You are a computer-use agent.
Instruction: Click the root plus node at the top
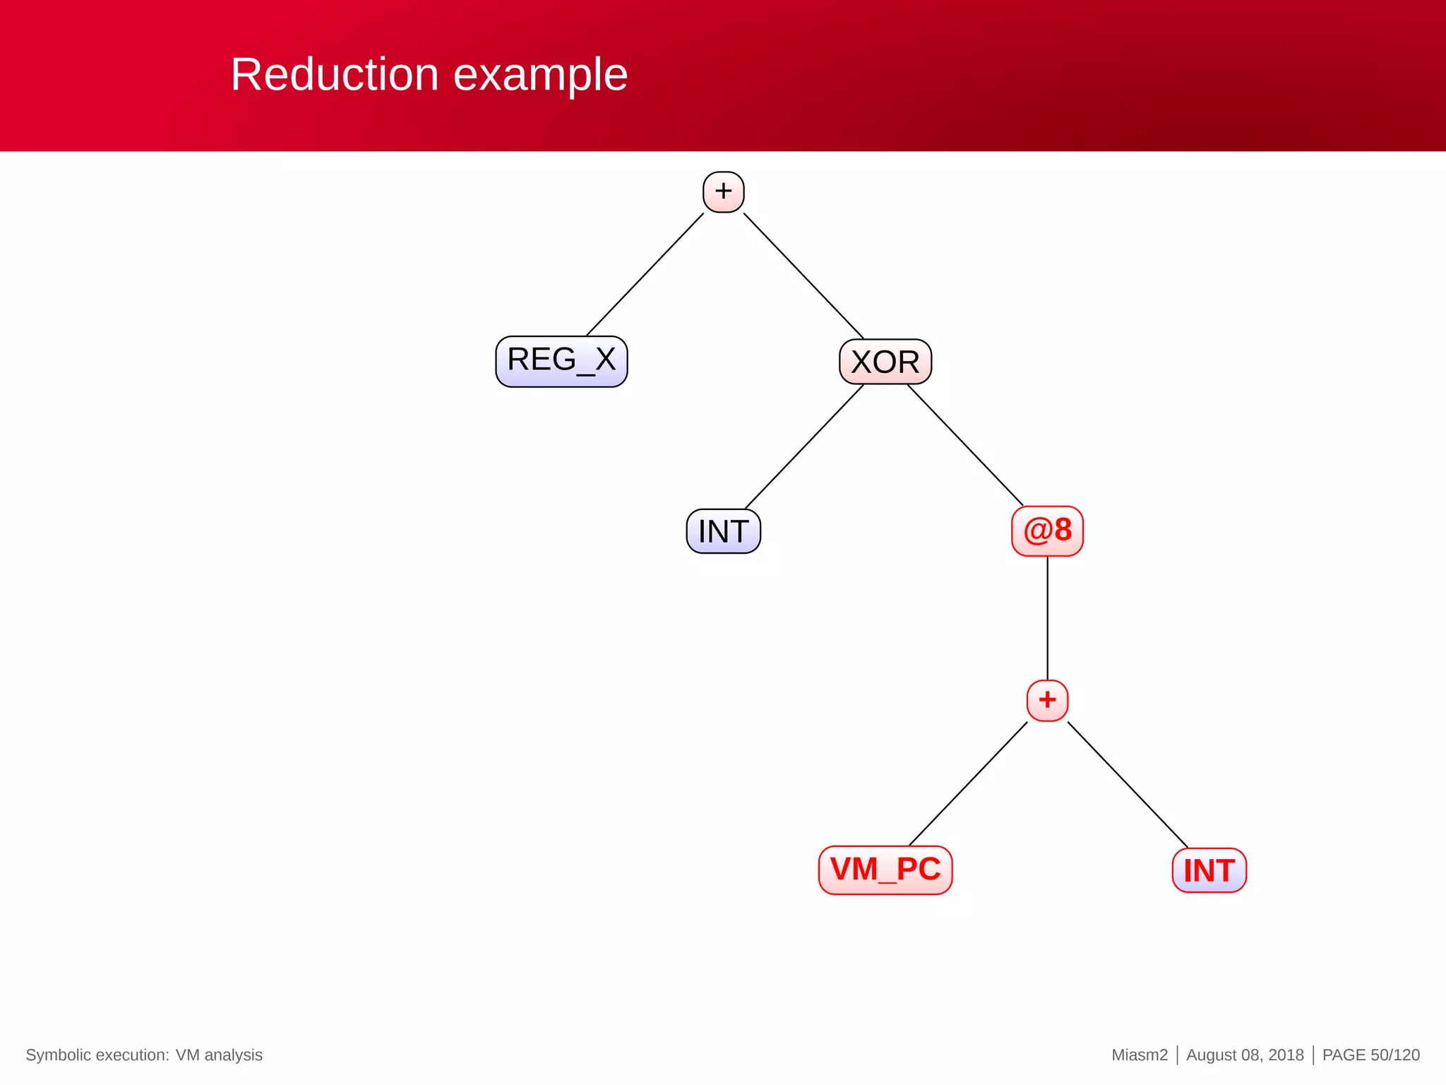click(x=723, y=191)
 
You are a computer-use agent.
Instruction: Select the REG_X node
click(x=561, y=361)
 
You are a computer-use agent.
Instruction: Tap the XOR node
click(x=885, y=362)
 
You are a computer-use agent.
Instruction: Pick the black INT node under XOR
click(x=723, y=531)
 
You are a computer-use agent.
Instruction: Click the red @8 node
click(x=1047, y=530)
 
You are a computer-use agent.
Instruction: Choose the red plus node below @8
click(x=1047, y=700)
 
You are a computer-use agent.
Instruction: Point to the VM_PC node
click(x=885, y=870)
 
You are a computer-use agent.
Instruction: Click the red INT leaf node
click(x=1209, y=870)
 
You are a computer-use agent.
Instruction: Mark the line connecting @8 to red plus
click(x=1047, y=618)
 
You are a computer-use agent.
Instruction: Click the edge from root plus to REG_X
click(x=645, y=274)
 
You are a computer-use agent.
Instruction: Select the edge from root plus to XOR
click(x=803, y=275)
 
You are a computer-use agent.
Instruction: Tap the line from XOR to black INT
click(x=804, y=446)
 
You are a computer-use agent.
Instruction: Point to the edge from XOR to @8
click(x=965, y=445)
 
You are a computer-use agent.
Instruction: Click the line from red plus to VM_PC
click(x=968, y=783)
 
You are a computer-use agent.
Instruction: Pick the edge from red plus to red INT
click(x=1128, y=784)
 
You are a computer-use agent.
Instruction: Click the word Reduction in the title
click(x=335, y=74)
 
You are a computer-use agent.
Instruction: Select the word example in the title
click(x=540, y=74)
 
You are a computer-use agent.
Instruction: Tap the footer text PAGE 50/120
click(x=1370, y=1055)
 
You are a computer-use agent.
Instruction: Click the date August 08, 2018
click(x=1245, y=1055)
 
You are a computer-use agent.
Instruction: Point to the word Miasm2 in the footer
click(x=1140, y=1055)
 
